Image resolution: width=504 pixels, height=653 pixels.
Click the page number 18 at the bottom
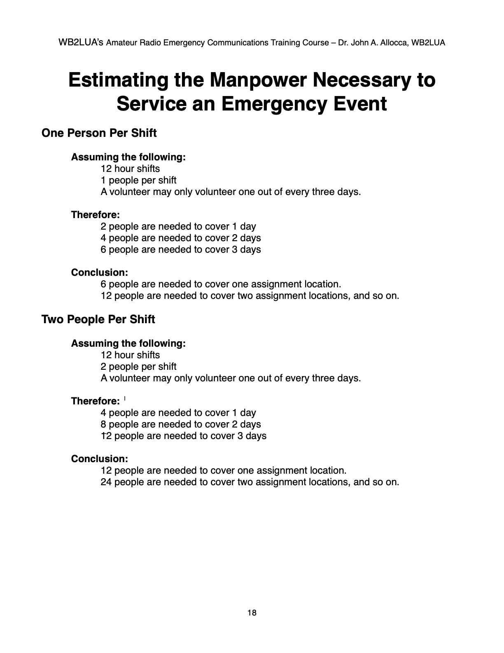click(x=252, y=613)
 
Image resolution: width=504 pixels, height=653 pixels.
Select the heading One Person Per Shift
click(x=99, y=133)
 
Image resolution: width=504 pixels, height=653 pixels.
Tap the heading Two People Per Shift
click(x=98, y=319)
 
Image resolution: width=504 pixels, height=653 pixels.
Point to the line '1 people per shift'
click(x=138, y=180)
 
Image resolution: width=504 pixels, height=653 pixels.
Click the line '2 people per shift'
click(x=138, y=366)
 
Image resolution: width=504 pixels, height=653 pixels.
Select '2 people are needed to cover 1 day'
click(x=178, y=226)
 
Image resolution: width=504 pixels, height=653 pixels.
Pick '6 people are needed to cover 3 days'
click(x=181, y=249)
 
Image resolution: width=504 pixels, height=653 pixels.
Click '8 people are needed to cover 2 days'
click(x=181, y=424)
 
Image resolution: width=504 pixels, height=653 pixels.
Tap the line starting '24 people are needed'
click(x=250, y=482)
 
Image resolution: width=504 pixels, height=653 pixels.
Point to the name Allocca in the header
click(x=394, y=42)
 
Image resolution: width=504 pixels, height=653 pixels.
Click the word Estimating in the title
click(x=119, y=80)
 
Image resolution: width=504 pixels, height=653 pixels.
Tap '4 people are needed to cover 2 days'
click(x=181, y=238)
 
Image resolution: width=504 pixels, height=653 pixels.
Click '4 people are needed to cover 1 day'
click(x=178, y=413)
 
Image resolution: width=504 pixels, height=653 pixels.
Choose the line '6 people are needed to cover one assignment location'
click(x=221, y=284)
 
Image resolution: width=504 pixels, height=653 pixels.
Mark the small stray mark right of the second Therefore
click(x=124, y=398)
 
